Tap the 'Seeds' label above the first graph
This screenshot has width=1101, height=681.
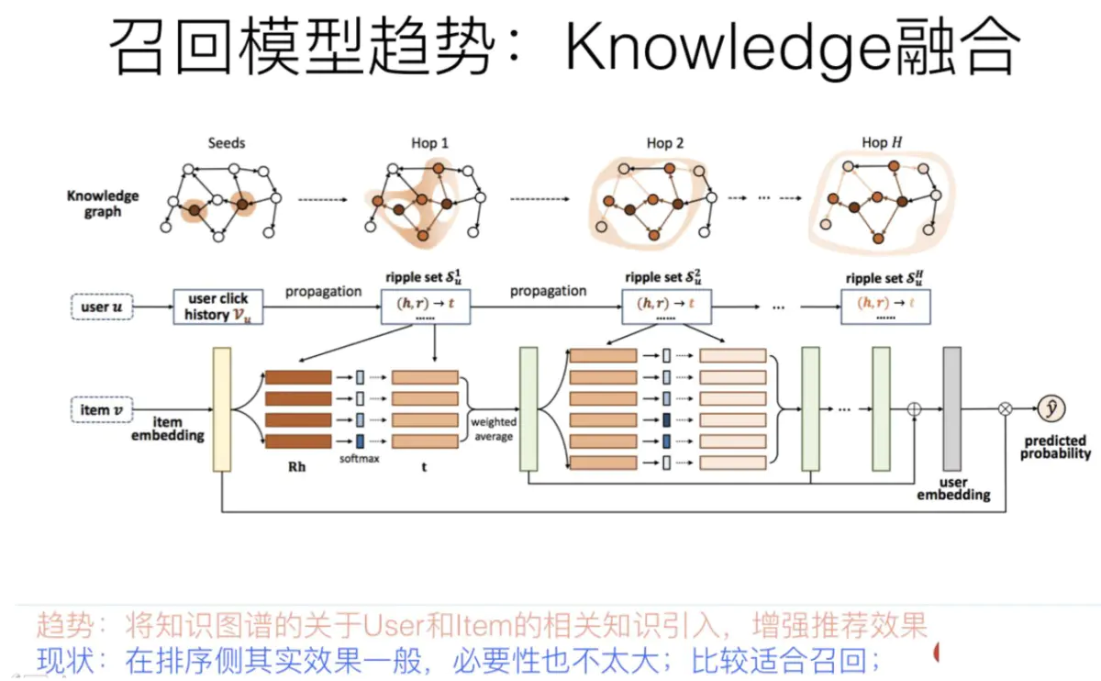click(227, 142)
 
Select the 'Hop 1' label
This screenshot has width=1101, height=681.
click(430, 142)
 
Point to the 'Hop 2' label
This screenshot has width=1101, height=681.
click(665, 142)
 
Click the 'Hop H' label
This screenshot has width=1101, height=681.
click(881, 142)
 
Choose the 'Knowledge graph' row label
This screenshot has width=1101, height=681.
click(103, 203)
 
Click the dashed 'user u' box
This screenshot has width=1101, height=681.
click(101, 307)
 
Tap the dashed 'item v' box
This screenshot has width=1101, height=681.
click(101, 409)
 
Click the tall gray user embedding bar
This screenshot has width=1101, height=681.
click(951, 408)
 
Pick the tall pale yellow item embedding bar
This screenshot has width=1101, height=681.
click(222, 408)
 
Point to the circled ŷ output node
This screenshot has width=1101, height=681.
click(1051, 408)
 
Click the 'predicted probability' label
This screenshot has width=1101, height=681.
click(1055, 447)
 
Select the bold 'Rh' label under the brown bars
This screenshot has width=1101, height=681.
click(297, 466)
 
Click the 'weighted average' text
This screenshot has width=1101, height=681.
click(494, 429)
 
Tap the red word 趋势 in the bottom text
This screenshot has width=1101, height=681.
click(64, 626)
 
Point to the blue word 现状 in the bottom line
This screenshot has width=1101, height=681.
click(64, 659)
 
